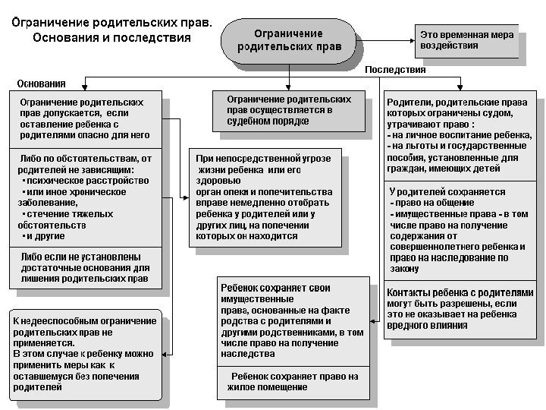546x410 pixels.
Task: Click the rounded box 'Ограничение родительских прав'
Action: point(287,39)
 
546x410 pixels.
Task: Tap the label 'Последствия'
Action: point(395,70)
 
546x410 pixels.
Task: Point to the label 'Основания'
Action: point(42,83)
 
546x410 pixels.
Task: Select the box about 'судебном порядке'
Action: point(288,110)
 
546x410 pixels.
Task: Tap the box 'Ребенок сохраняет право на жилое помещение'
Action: point(293,382)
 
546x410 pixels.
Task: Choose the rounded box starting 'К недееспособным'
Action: point(85,354)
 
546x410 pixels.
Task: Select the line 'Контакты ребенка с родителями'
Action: point(460,293)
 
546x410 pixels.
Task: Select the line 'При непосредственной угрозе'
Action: point(263,158)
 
